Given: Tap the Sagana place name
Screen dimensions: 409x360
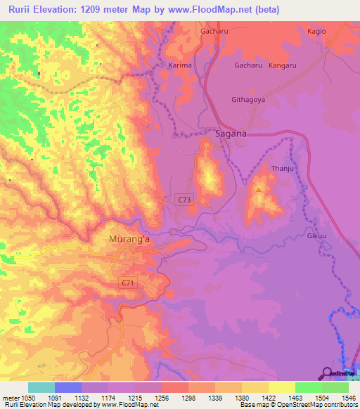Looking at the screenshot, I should click(x=230, y=134).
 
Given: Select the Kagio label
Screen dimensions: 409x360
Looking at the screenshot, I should click(x=318, y=32).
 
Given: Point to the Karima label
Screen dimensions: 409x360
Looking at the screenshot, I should click(x=181, y=65).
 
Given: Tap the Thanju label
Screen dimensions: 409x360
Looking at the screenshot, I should click(x=282, y=169).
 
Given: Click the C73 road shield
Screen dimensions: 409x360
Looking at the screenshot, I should click(x=184, y=200).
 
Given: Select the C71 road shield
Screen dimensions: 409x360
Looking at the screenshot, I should click(x=127, y=283).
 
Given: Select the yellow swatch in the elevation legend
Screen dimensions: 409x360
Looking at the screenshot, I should click(x=281, y=387).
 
